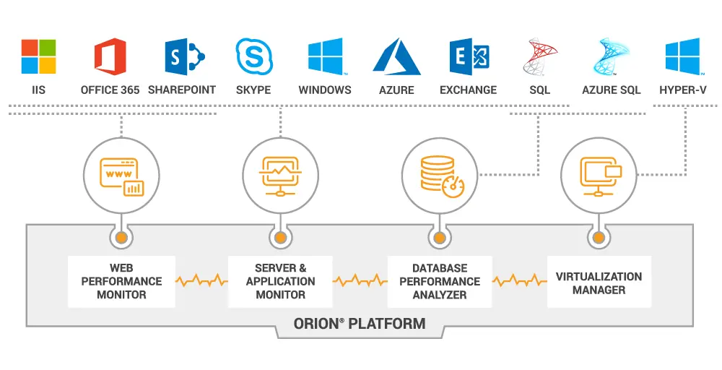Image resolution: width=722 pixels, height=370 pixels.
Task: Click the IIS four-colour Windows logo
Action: click(x=38, y=56)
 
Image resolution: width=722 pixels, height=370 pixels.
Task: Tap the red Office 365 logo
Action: click(x=110, y=56)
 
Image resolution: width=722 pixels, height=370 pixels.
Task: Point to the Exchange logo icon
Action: click(x=469, y=56)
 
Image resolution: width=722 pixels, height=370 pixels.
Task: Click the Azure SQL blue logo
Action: click(x=611, y=56)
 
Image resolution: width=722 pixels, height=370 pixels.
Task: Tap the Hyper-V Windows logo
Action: click(x=682, y=56)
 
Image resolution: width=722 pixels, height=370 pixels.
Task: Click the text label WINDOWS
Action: click(x=325, y=90)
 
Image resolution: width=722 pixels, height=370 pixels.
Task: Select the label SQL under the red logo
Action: click(x=539, y=90)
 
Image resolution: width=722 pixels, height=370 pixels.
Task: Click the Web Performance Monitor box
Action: click(x=121, y=281)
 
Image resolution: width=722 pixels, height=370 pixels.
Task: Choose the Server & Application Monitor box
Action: click(x=280, y=281)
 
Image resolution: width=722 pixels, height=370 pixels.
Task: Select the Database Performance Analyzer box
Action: click(x=439, y=281)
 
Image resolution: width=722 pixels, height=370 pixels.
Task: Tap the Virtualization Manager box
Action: click(x=599, y=283)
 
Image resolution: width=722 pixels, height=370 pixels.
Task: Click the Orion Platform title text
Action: click(x=360, y=324)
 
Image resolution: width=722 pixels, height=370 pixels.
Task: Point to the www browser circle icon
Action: click(x=121, y=173)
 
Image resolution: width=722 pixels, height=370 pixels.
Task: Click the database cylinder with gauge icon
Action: click(x=439, y=173)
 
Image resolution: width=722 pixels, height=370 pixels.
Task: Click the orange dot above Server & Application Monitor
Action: click(x=280, y=237)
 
